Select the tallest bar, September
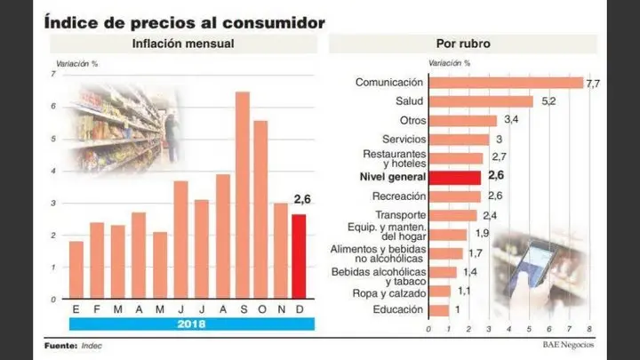(x=242, y=196)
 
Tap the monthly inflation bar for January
(x=76, y=270)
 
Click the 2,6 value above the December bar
(x=302, y=199)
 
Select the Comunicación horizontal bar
(x=507, y=83)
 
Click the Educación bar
(x=439, y=310)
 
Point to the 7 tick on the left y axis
(x=54, y=76)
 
